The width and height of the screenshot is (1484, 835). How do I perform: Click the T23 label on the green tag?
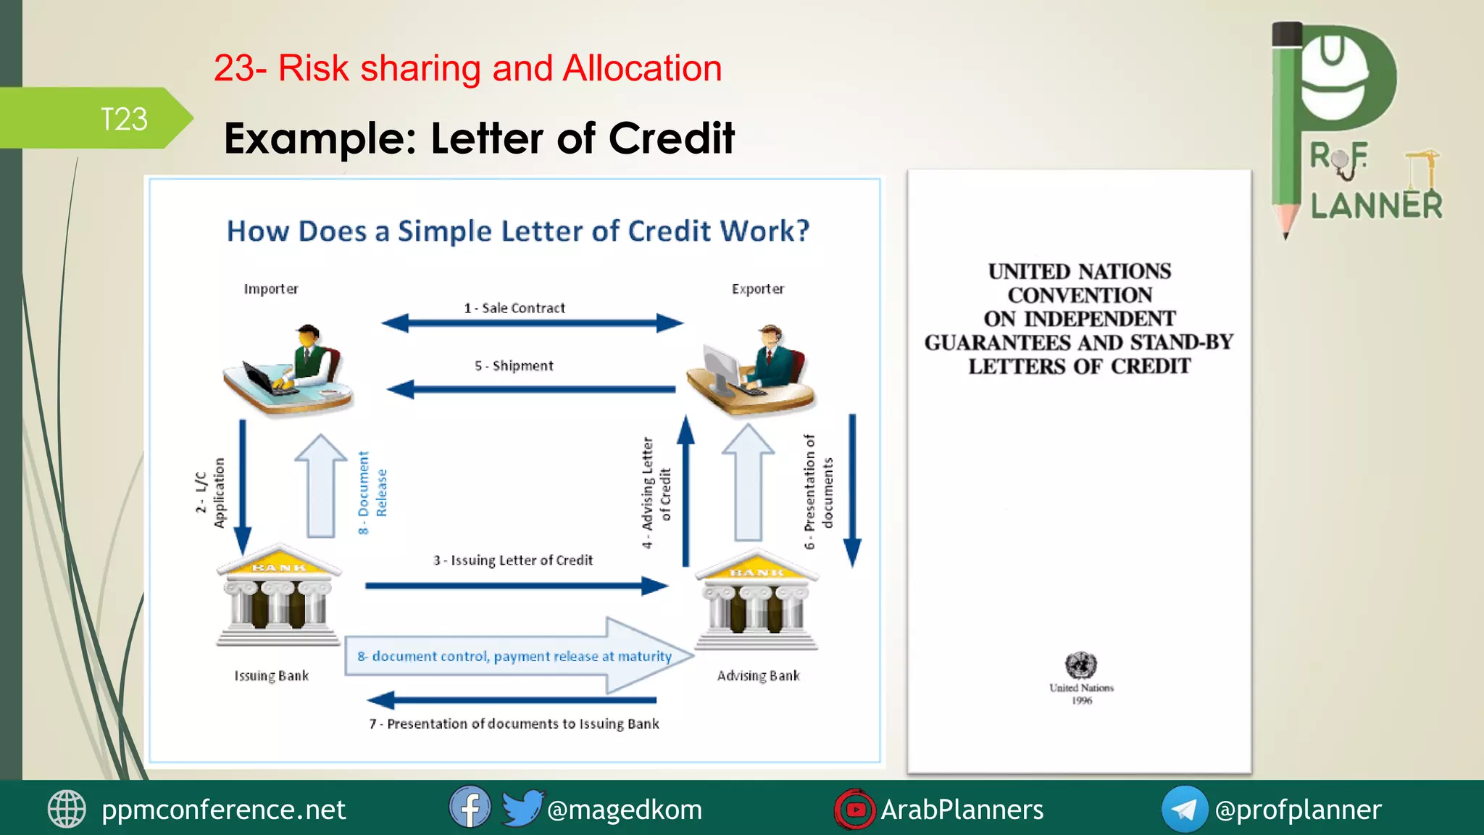tap(124, 120)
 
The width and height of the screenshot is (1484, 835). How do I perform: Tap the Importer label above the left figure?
tap(271, 289)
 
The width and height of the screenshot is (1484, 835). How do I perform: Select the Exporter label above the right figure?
tap(758, 289)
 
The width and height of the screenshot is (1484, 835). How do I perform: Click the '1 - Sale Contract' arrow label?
tap(514, 308)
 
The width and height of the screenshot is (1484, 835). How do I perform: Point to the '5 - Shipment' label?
tap(514, 366)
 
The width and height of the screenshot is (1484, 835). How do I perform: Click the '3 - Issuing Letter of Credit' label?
tap(513, 560)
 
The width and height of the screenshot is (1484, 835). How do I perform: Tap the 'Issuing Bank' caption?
tap(272, 676)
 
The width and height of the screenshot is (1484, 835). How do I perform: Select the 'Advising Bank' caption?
tap(759, 676)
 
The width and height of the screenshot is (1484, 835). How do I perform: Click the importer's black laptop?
tap(262, 378)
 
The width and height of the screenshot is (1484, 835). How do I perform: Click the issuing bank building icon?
tap(278, 595)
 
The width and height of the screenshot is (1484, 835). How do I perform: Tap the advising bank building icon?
tap(756, 600)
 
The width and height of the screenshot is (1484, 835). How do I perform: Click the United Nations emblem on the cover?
tap(1080, 665)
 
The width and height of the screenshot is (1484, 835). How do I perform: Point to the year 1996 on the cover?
tap(1082, 701)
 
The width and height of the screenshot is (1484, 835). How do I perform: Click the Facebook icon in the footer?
tap(470, 807)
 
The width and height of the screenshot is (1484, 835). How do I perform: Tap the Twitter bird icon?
tap(522, 807)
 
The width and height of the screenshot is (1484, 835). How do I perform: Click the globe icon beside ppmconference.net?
tap(67, 809)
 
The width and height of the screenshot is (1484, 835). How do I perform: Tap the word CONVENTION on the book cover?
tap(1080, 296)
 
